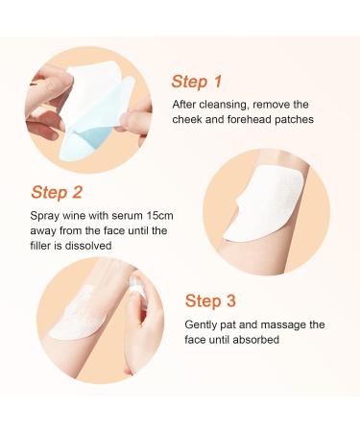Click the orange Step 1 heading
[x=196, y=81]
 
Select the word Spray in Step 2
[x=45, y=216]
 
